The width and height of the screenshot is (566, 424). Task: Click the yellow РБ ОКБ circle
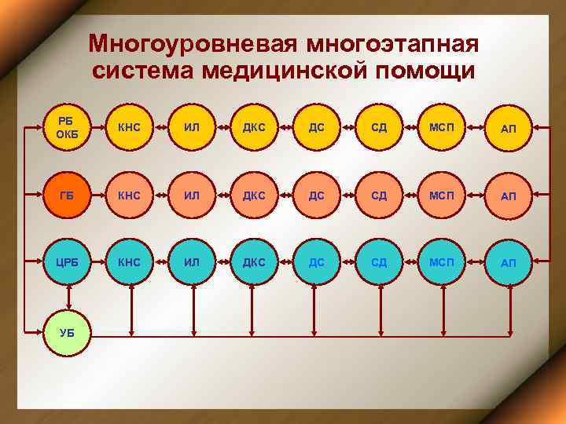[x=68, y=127]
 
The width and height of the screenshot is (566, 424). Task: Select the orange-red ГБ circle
[x=68, y=195]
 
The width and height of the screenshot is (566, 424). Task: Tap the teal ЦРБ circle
[x=68, y=262]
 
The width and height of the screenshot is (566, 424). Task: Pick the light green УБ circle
[x=68, y=332]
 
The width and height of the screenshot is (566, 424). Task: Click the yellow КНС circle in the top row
[x=130, y=127]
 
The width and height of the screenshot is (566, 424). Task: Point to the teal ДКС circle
[x=253, y=262]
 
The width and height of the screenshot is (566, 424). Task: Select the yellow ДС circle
[x=316, y=127]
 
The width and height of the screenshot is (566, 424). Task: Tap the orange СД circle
[x=379, y=195]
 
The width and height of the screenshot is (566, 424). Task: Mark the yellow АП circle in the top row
[x=508, y=127]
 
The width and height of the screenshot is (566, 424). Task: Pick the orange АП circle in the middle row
[x=508, y=195]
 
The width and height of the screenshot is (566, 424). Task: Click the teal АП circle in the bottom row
[x=508, y=262]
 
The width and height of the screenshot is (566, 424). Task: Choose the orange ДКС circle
[x=253, y=195]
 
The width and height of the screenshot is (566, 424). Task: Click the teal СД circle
[x=379, y=262]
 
